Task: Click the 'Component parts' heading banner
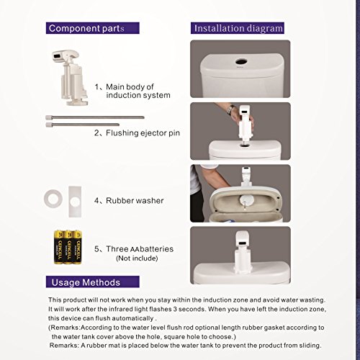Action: pyautogui.click(x=93, y=28)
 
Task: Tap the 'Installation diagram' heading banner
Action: pyautogui.click(x=238, y=28)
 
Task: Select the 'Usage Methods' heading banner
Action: pyautogui.click(x=93, y=282)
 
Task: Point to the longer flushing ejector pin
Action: pyautogui.click(x=95, y=117)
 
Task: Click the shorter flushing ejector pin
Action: pyautogui.click(x=82, y=125)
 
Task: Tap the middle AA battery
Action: pyautogui.click(x=68, y=247)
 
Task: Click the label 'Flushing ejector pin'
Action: pyautogui.click(x=143, y=133)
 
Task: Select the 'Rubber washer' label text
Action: pyautogui.click(x=135, y=201)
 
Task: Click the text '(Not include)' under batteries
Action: pyautogui.click(x=137, y=258)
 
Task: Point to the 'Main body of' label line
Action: pyautogui.click(x=130, y=86)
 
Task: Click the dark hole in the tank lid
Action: pyautogui.click(x=241, y=62)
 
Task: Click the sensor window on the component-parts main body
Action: pyautogui.click(x=58, y=56)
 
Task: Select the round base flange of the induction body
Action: pyautogui.click(x=77, y=103)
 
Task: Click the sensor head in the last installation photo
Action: pyautogui.click(x=243, y=238)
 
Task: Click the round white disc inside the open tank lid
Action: pyautogui.click(x=246, y=199)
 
